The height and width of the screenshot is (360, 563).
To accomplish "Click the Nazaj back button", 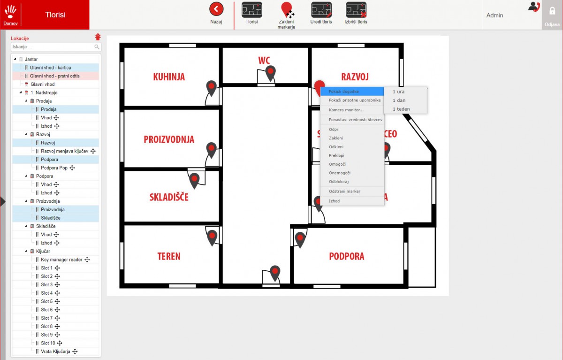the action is click(216, 9).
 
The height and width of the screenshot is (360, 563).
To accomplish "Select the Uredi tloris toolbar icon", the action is click(321, 9).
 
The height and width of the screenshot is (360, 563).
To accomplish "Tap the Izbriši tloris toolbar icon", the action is click(356, 9).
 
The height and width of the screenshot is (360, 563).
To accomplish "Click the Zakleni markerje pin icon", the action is click(287, 10).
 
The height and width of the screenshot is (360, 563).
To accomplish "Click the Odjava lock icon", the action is click(552, 11).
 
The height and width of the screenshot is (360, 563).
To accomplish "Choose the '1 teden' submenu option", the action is click(401, 109).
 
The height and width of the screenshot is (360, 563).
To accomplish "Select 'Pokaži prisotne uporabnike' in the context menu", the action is click(355, 100).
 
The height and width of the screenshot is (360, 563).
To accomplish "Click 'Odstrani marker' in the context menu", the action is click(344, 191).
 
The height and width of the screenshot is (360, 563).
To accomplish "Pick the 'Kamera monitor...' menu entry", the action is click(346, 110).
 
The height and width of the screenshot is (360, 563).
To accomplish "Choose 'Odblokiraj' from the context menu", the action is click(339, 182).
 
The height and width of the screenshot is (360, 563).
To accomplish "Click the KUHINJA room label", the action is click(169, 77).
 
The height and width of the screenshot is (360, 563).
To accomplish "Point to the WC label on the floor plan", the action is click(264, 61).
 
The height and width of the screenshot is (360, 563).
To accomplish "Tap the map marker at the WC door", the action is click(270, 73).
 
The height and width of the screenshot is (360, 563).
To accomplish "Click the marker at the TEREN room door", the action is click(212, 237).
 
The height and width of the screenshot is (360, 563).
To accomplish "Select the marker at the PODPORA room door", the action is click(300, 239).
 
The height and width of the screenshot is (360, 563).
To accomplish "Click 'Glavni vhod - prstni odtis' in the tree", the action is click(54, 76).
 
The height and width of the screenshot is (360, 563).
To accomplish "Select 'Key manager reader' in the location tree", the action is click(61, 260).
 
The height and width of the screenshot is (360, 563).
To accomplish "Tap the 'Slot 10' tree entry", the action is click(48, 343).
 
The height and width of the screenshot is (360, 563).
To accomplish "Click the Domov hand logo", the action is click(10, 12).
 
